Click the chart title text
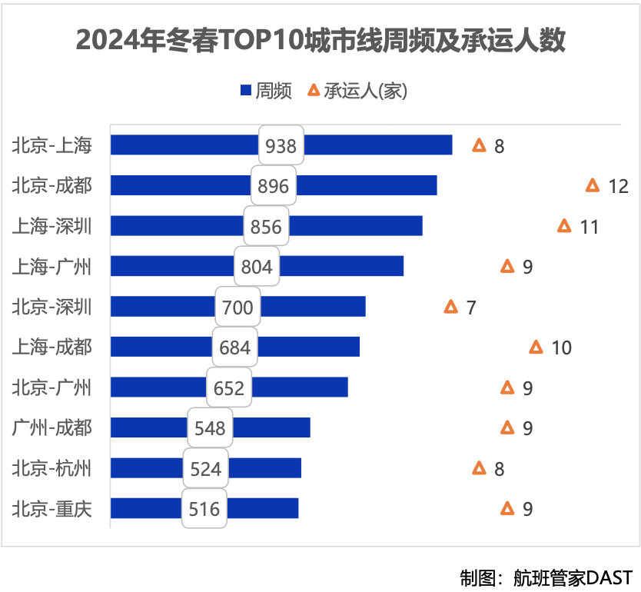tap(320, 41)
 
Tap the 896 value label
tap(274, 186)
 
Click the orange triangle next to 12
tap(593, 185)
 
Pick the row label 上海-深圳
tap(51, 226)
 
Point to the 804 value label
tap(257, 266)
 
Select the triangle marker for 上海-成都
tap(536, 347)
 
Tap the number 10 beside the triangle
tap(562, 348)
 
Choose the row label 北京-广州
tap(51, 387)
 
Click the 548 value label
tap(211, 427)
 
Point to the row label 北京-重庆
tap(51, 508)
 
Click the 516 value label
tap(204, 508)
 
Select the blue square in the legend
tap(246, 91)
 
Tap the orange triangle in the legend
tap(314, 90)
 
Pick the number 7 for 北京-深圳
tap(471, 308)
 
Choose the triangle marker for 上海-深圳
tap(564, 225)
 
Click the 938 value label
tap(281, 145)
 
